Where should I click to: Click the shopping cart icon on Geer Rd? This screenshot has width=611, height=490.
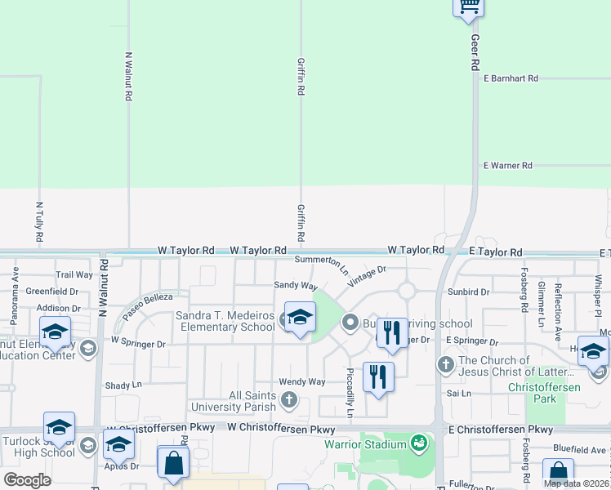pos(469,6)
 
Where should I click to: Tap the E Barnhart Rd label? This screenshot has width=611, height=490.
pos(511,78)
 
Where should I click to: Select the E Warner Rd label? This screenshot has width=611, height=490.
pos(507,166)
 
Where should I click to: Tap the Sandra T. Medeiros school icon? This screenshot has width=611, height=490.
pos(300,318)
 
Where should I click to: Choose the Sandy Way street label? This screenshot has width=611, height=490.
pos(295,286)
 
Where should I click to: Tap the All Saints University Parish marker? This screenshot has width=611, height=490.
pos(288,399)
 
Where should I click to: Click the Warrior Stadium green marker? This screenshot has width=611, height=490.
pos(419,443)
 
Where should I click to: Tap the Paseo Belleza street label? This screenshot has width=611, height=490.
pos(148,305)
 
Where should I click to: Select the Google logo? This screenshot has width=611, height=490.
pos(27,480)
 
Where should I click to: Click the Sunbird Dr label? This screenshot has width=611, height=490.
pos(468,291)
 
